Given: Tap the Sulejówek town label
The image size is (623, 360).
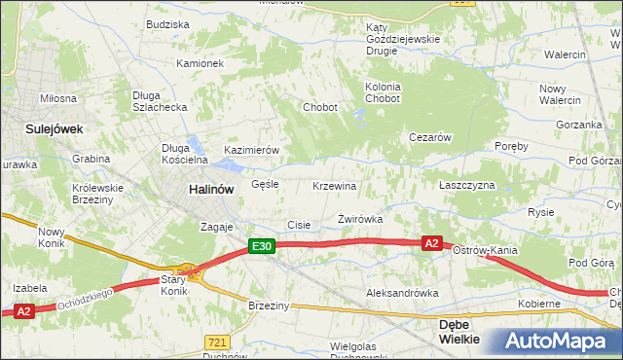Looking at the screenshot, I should pyautogui.click(x=55, y=127).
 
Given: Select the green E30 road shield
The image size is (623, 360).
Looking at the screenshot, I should pyautogui.click(x=261, y=247).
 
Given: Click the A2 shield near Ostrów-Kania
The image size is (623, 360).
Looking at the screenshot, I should pyautogui.click(x=433, y=243).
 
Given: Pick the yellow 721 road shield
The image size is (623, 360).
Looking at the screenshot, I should pyautogui.click(x=217, y=342).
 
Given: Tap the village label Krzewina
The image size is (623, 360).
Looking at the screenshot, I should pyautogui.click(x=335, y=186).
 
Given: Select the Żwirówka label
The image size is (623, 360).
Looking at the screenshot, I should pyautogui.click(x=360, y=219).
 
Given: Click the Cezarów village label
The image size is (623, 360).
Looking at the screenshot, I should pyautogui.click(x=429, y=138).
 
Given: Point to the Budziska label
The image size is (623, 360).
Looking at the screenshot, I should pyautogui.click(x=166, y=23).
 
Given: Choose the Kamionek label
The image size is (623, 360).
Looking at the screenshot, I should pyautogui.click(x=200, y=63).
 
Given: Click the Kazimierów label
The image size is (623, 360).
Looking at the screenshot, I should pyautogui.click(x=252, y=150).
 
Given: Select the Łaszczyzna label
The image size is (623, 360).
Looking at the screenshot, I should pyautogui.click(x=466, y=185).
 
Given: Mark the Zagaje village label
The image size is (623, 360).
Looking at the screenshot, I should pyautogui.click(x=217, y=227).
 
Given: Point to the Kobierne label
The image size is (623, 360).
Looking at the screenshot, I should pyautogui.click(x=538, y=304).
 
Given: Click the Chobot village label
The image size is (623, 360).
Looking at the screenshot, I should pyautogui.click(x=320, y=107).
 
